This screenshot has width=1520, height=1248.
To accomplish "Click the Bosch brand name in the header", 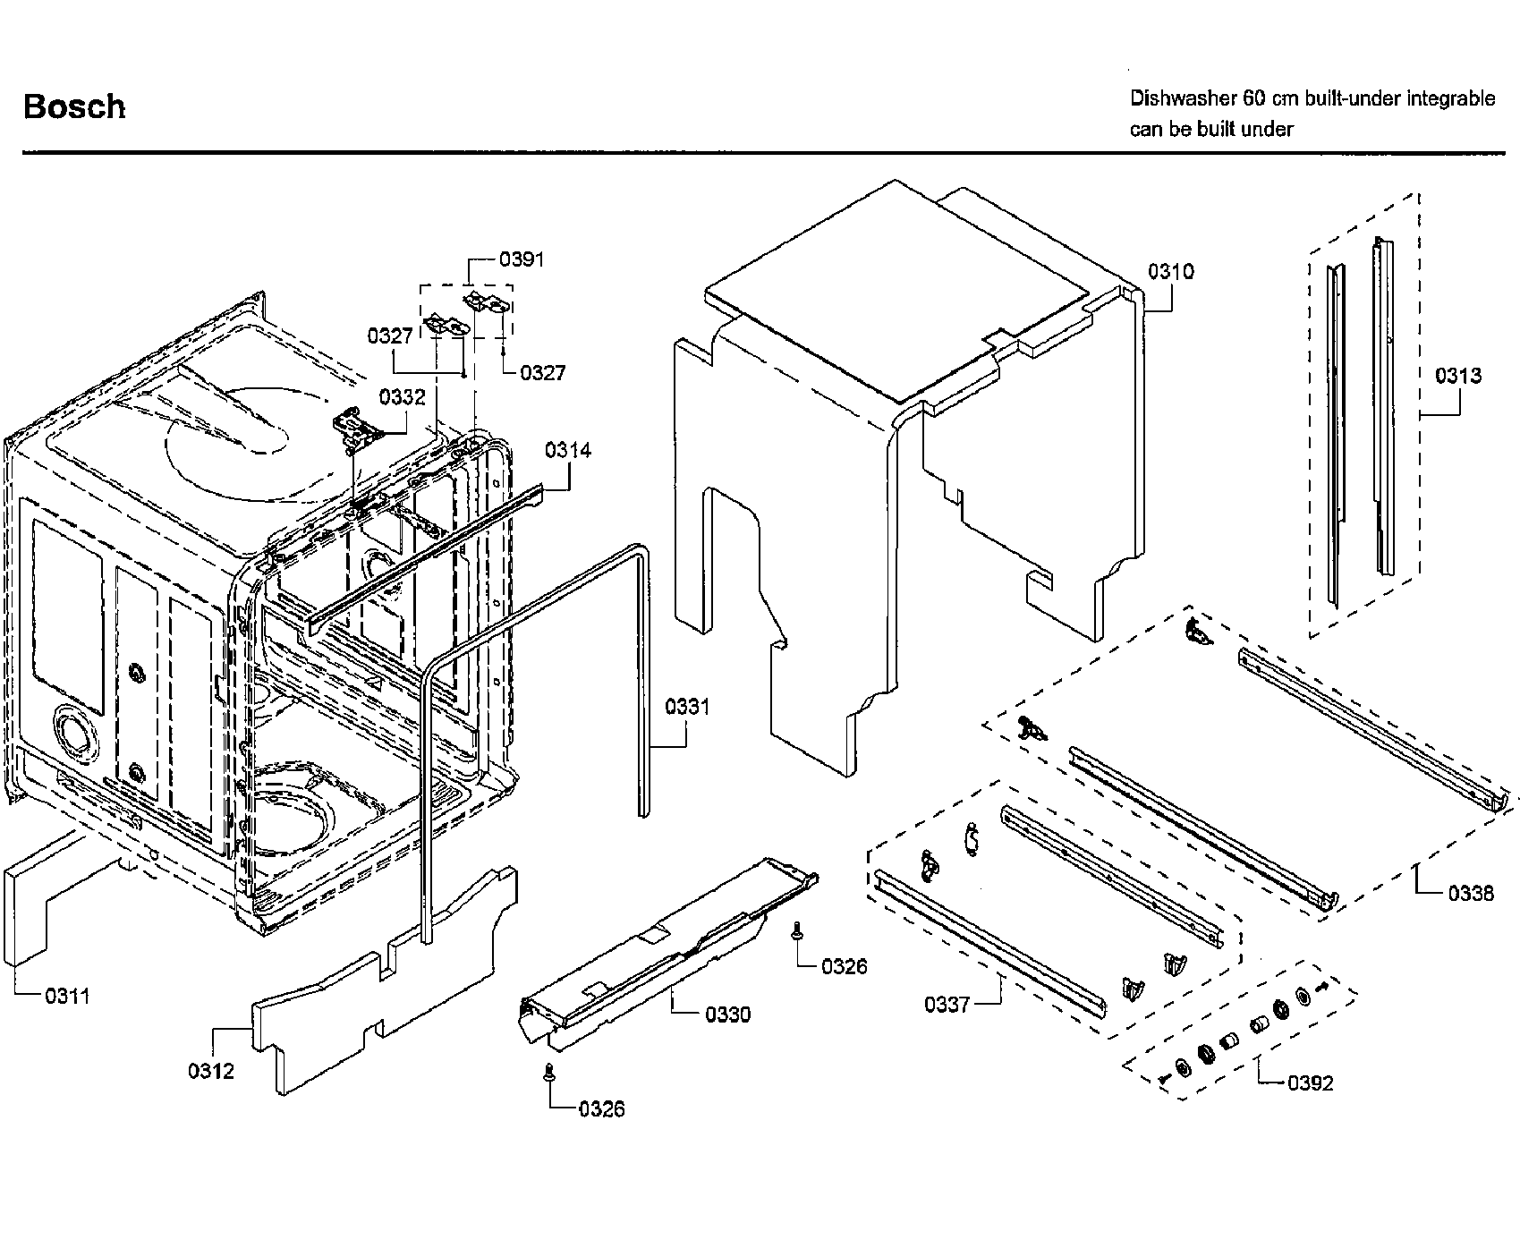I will pos(74,106).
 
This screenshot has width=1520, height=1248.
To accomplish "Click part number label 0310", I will pos(1170,271).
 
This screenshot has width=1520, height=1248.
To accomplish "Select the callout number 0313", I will pos(1458,376).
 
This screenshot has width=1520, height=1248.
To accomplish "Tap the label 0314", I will pos(568,450).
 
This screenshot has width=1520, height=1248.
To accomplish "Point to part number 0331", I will pos(687,707).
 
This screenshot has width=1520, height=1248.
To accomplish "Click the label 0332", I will pos(402,397).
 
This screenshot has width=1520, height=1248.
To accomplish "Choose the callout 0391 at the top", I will pos(522,259).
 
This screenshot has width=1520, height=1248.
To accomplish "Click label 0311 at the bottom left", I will pos(67,996).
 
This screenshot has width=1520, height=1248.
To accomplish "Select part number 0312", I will pos(211,1071).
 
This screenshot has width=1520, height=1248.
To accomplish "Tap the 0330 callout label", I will pos(727,1015).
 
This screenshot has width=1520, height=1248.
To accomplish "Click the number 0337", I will pos(947,1005).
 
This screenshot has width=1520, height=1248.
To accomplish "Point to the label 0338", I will pos(1471,893).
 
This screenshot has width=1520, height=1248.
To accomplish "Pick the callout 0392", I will pos(1310,1083).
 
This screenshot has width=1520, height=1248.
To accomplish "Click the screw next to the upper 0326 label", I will pos(795,933).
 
